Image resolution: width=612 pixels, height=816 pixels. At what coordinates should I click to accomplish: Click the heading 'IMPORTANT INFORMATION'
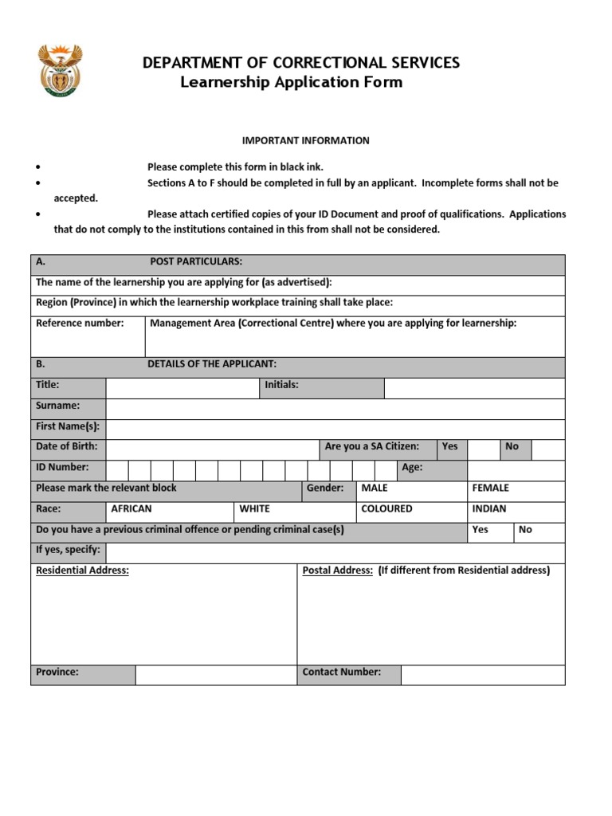tap(305, 140)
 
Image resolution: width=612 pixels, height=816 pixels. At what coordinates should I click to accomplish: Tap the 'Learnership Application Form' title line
tap(291, 82)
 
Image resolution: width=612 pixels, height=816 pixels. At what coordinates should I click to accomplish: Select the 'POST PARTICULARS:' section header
tap(196, 262)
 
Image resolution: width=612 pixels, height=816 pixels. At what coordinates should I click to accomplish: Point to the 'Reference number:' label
tap(80, 323)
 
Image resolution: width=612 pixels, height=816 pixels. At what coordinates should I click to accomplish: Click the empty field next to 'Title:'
tap(182, 388)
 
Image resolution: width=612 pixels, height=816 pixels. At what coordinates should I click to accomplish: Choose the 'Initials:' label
tap(281, 385)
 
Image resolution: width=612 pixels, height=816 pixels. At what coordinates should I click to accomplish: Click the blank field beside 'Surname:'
tap(335, 409)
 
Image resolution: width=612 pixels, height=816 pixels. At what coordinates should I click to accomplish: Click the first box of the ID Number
tap(117, 471)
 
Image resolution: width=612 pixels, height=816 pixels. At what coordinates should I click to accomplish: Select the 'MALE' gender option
tap(375, 488)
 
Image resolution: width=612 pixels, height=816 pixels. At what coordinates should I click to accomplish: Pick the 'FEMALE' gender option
tap(490, 488)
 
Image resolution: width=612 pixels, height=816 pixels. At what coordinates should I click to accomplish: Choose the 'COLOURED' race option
tap(386, 508)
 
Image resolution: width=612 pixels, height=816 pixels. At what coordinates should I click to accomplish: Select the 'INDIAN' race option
tap(488, 508)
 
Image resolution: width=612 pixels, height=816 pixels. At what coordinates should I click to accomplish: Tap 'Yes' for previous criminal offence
tap(481, 529)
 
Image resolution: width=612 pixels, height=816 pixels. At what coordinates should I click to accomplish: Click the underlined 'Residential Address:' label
tap(82, 571)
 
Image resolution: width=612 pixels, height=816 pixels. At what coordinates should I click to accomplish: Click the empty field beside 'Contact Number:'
tap(482, 675)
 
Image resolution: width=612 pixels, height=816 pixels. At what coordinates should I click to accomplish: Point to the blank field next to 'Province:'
tap(215, 675)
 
